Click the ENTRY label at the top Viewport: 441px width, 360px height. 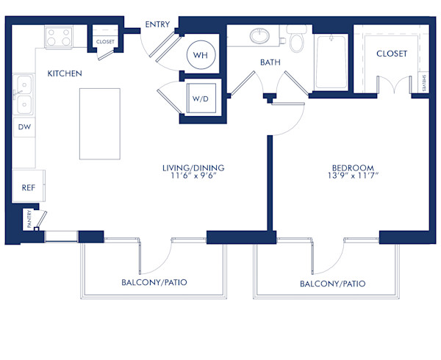[157, 24]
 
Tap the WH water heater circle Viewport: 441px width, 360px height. [199, 54]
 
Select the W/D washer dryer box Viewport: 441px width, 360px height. [199, 98]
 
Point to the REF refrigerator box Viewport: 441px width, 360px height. [28, 187]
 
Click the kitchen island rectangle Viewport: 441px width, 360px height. [99, 123]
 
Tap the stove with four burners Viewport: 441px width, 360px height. [59, 37]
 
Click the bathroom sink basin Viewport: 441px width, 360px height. [260, 35]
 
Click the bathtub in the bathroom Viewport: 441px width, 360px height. [331, 59]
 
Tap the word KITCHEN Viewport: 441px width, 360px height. [65, 73]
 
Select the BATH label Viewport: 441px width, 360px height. [270, 62]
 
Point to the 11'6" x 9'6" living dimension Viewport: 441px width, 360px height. [193, 176]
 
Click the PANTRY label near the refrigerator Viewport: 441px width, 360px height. [30, 220]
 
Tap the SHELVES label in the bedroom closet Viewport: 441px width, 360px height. [423, 82]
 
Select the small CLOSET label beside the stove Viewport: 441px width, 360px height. [105, 42]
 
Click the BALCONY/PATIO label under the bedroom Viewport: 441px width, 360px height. [333, 284]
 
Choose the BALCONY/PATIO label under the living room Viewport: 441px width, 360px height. [154, 282]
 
